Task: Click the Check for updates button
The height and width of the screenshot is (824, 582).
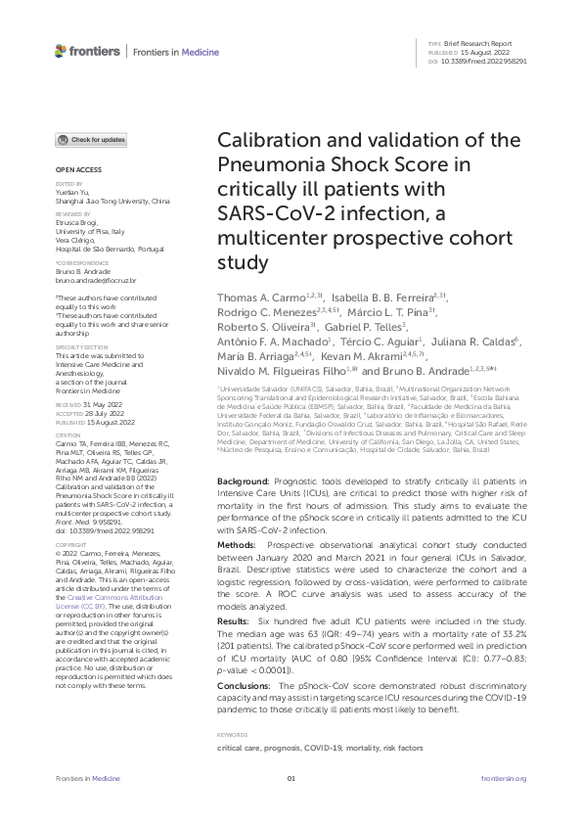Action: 90,140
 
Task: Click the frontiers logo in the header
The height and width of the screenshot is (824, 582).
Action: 87,51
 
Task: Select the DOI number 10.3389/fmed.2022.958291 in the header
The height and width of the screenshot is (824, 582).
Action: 485,62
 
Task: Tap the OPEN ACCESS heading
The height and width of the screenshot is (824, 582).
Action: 72,169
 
